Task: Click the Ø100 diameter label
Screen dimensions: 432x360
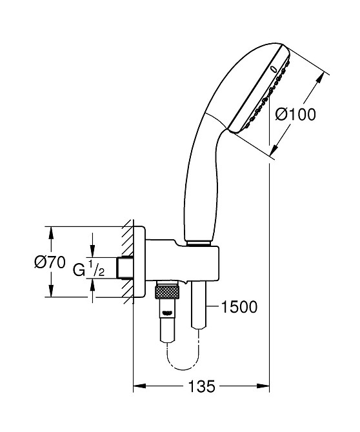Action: [295, 114]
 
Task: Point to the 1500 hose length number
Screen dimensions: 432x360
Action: [239, 307]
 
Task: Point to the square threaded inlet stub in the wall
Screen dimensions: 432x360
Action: [125, 268]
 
